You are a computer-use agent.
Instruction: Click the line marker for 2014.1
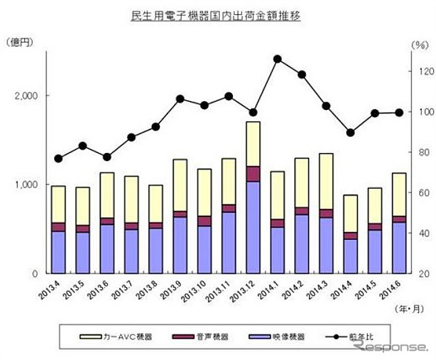coord(277,59)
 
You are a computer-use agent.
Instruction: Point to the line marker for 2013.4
coord(58,159)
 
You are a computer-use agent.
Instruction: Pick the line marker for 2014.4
coord(350,133)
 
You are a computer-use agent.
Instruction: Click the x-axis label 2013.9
coord(175,289)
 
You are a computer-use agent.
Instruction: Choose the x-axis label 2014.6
coord(394,289)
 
